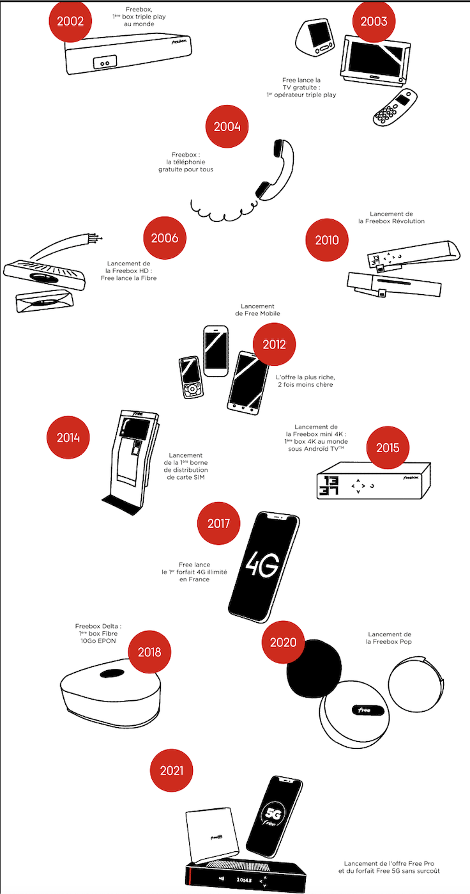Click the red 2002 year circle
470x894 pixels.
(70, 20)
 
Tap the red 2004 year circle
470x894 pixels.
(227, 127)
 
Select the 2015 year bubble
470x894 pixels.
(388, 448)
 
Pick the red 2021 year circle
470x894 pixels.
(171, 771)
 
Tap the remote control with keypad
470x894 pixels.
(395, 108)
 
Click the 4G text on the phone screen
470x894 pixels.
(262, 564)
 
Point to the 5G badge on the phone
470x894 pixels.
(274, 814)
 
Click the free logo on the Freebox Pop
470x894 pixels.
(367, 710)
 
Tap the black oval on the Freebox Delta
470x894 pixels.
(112, 673)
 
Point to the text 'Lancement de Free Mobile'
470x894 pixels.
(257, 310)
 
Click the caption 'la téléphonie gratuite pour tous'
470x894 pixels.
(186, 166)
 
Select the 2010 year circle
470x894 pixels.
(327, 240)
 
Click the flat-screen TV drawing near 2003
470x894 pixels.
(375, 60)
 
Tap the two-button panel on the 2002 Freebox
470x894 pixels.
(105, 62)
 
